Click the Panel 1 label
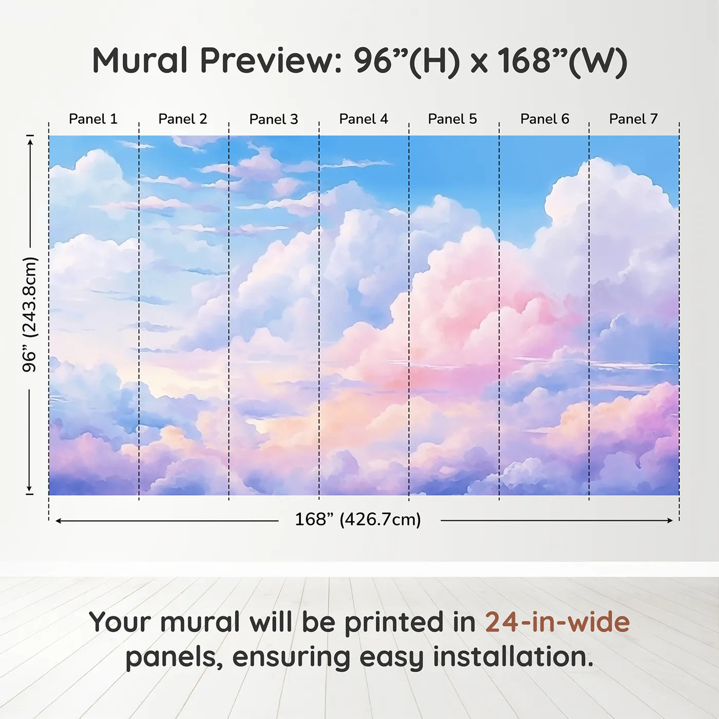tap(93, 119)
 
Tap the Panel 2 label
tap(182, 119)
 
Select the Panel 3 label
tap(274, 119)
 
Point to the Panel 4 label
tap(364, 119)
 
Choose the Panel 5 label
tap(452, 119)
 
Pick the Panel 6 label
tap(545, 119)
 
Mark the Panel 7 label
tap(633, 119)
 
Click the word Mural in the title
tap(140, 61)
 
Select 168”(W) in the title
tap(563, 62)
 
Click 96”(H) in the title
tap(407, 62)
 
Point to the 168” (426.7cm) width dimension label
tap(358, 520)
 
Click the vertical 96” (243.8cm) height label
tap(29, 314)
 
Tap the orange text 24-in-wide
tap(557, 622)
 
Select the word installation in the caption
tap(513, 656)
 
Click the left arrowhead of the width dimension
tap(58, 521)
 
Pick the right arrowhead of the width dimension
tap(670, 520)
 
